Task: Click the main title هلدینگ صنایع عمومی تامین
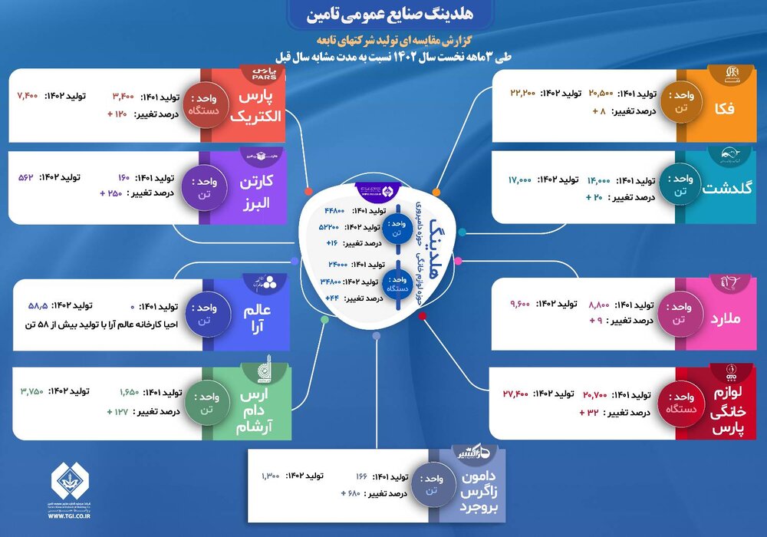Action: click(383, 15)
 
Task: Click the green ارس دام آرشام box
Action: click(261, 404)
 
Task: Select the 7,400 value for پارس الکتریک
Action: click(28, 97)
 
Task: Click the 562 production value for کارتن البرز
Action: click(28, 176)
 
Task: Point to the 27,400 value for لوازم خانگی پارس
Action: click(518, 394)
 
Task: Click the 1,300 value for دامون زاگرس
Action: click(270, 476)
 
